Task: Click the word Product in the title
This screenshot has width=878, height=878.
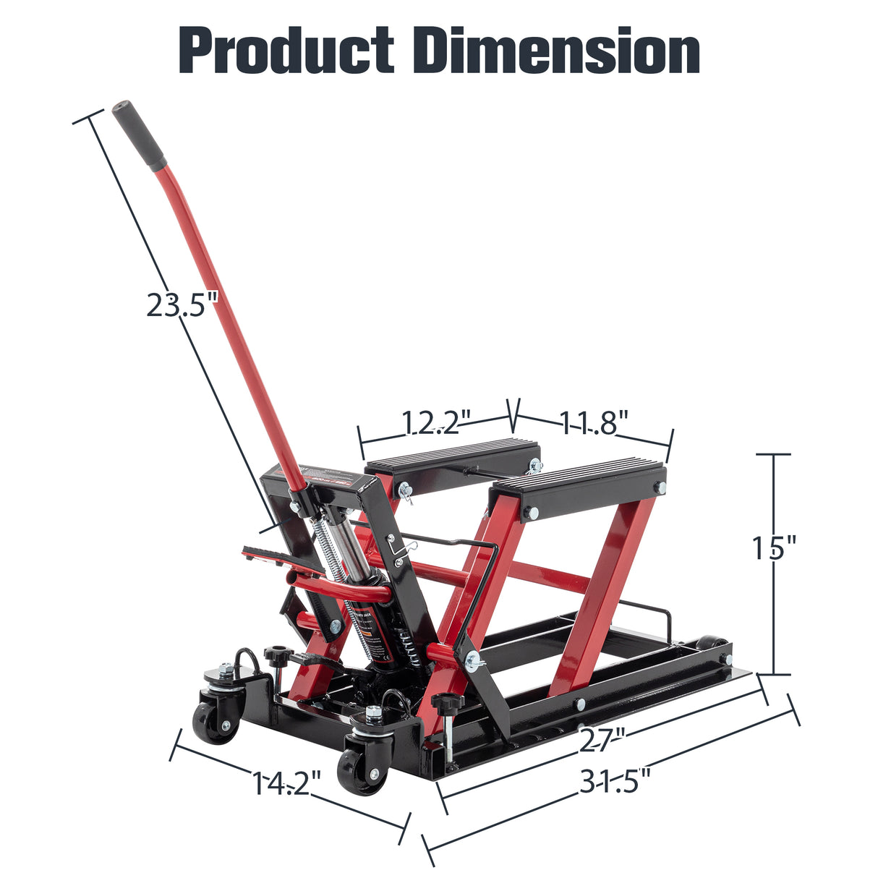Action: click(x=286, y=51)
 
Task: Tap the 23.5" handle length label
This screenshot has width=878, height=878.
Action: click(x=182, y=304)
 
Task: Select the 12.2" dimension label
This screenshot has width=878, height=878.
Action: click(x=436, y=422)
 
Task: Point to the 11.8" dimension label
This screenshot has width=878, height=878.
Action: click(x=593, y=422)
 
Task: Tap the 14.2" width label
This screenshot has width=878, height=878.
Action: click(x=286, y=783)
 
